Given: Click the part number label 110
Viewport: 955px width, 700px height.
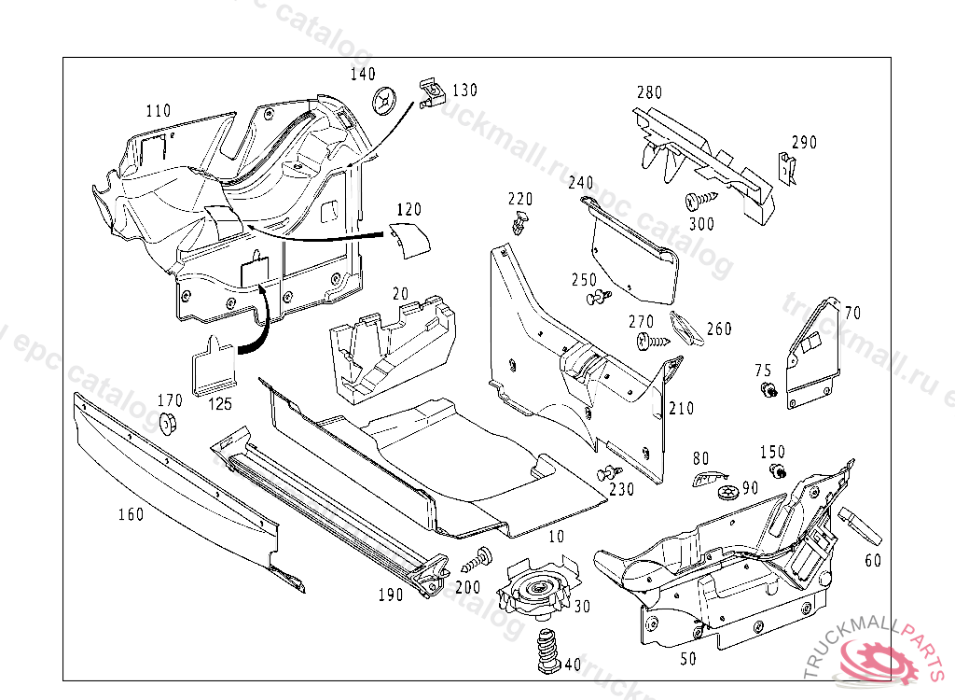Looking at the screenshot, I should click(159, 111).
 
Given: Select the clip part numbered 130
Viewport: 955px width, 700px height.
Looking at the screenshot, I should click(429, 91).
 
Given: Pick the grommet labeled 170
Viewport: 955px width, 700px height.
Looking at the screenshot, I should click(169, 422).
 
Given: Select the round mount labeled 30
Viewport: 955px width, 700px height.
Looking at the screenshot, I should click(538, 591).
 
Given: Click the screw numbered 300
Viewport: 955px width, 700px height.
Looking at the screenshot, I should click(700, 199).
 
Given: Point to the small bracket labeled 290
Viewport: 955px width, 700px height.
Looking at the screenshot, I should click(784, 170).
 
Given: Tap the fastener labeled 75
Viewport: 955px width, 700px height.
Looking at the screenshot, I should click(768, 389).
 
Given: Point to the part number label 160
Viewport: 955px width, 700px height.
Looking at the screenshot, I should click(131, 513).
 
